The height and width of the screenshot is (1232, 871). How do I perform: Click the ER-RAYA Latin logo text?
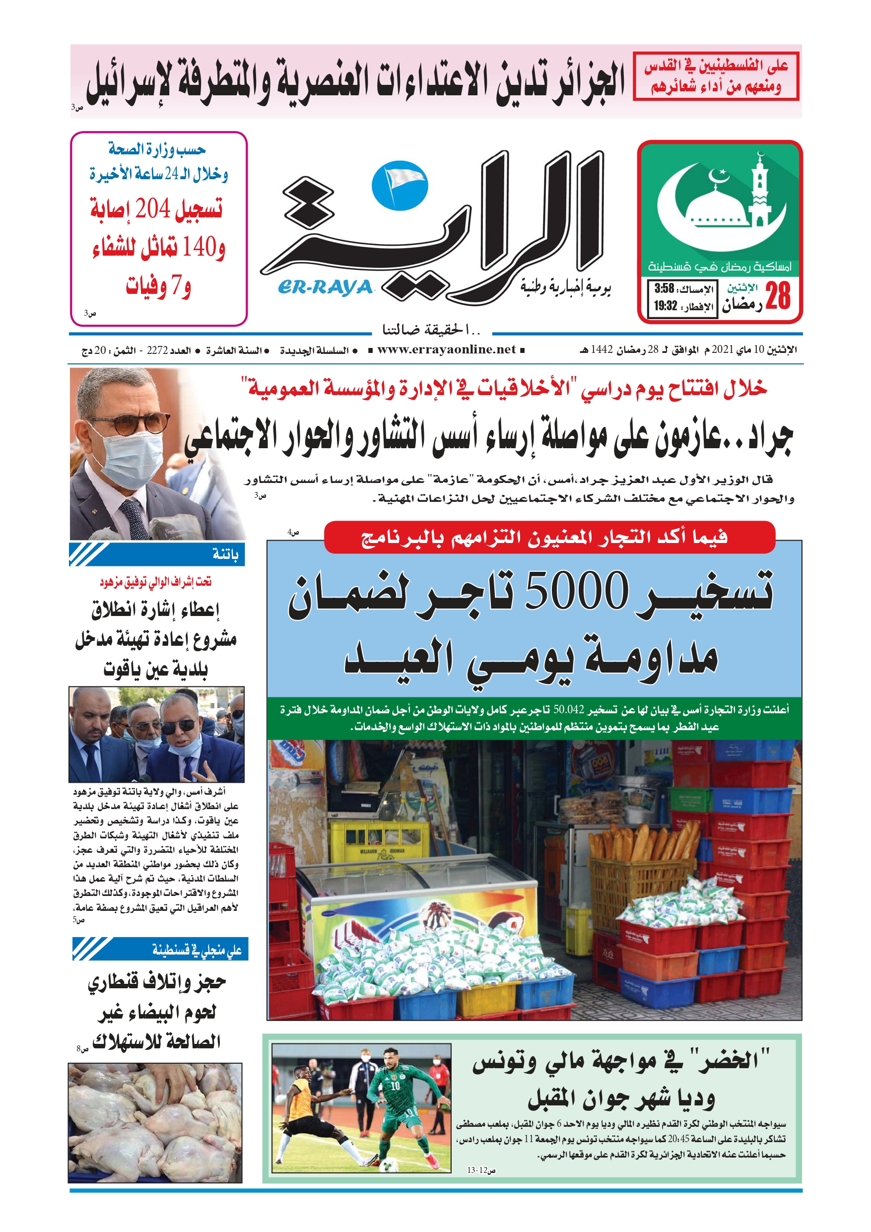coord(325,288)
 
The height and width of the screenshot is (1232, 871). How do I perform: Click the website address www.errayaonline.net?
coord(446,350)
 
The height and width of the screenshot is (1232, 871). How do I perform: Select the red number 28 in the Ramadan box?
coord(778,296)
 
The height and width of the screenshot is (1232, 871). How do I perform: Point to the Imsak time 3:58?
coord(665,289)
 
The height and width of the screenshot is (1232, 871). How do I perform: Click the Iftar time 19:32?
coord(665,306)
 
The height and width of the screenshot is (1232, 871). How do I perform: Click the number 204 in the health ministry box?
coord(152,208)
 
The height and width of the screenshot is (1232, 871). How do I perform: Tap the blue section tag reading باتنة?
coord(225,554)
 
